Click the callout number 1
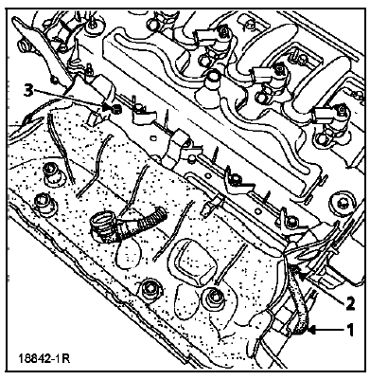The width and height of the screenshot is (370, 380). tap(350, 330)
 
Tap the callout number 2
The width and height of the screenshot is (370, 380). tap(350, 303)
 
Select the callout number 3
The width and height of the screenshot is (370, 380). tap(28, 91)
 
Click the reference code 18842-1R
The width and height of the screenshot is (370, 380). tap(44, 359)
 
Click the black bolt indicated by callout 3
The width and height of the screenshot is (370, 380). tap(116, 109)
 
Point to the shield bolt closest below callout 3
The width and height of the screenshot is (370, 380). tap(50, 173)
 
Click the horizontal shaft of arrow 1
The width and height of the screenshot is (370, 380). tap(329, 331)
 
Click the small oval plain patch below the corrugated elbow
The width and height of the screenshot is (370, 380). tap(127, 253)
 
